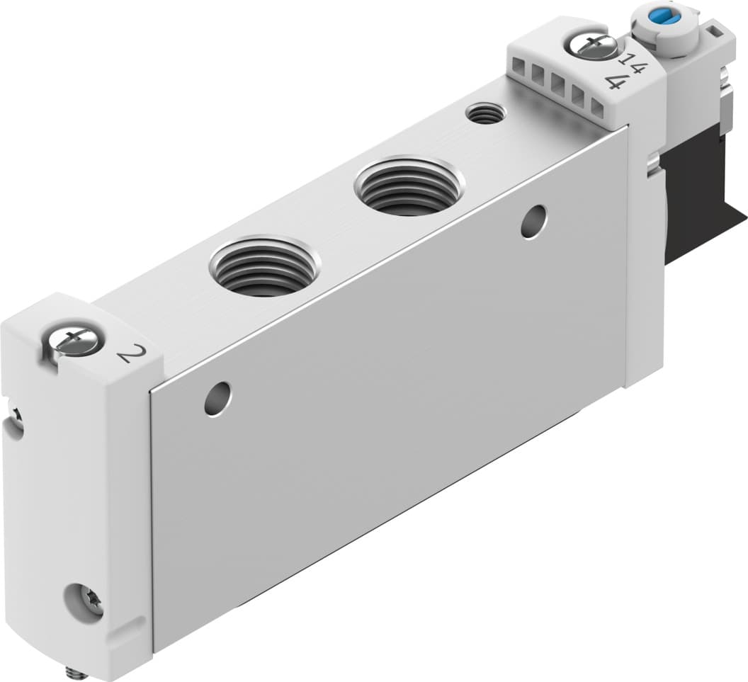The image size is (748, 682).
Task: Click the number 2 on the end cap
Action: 126,351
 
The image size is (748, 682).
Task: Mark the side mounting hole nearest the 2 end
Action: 217,399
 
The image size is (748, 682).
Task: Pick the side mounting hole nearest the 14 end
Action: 533,222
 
